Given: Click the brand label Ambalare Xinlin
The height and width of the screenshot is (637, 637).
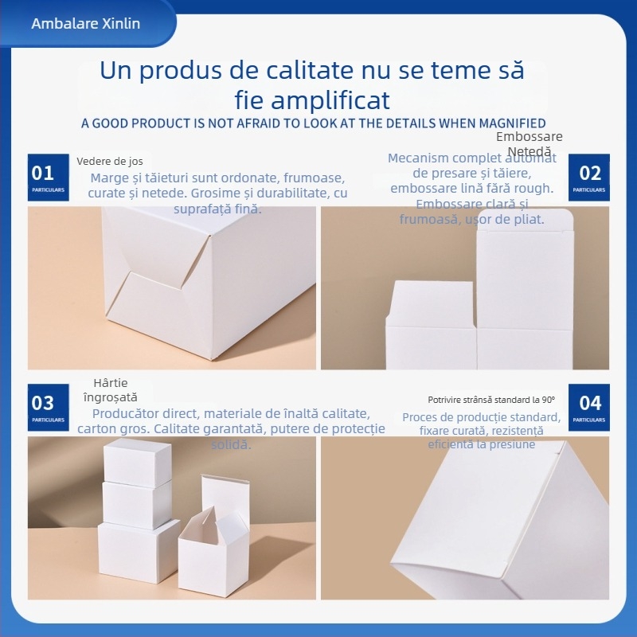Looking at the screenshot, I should (x=85, y=23).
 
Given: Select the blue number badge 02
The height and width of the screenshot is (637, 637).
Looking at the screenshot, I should (x=589, y=177).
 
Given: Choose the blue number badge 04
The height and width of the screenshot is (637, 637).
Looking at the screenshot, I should (x=589, y=407).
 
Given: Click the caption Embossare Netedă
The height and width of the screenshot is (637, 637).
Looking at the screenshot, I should (x=529, y=144).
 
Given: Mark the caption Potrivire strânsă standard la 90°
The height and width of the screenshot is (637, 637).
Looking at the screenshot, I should (x=491, y=400).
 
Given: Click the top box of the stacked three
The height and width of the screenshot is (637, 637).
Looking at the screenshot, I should (x=137, y=461).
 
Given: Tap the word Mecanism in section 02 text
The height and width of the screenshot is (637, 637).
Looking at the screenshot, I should (x=418, y=158).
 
